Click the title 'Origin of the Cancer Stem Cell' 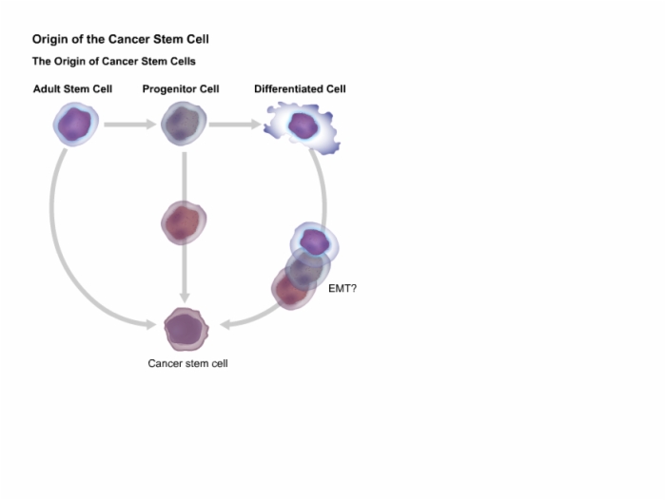point(121,40)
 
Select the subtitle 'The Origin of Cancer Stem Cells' point(114,62)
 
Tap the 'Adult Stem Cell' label point(72,89)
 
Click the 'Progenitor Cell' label point(181,89)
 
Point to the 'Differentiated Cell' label point(300,89)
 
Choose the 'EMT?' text point(343,289)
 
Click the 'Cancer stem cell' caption point(187,363)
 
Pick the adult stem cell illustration point(75,124)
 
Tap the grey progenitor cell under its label point(184,124)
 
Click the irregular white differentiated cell point(303,127)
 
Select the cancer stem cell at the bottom point(186,329)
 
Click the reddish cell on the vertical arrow point(184,222)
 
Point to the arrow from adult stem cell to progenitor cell point(130,125)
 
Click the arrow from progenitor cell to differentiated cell point(235,125)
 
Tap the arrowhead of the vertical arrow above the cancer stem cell point(184,298)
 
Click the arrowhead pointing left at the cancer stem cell point(225,325)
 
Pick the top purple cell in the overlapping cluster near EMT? point(314,242)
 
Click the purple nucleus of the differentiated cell point(303,125)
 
